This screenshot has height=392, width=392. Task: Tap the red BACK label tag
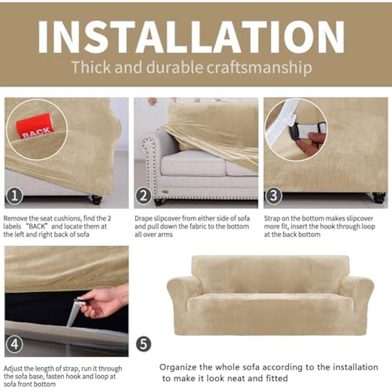(35, 126)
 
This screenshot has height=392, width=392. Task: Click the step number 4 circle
(14, 344)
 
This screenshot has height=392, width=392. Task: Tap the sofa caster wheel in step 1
(96, 199)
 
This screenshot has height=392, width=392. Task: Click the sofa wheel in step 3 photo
(377, 197)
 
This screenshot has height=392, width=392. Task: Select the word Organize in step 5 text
(178, 367)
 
